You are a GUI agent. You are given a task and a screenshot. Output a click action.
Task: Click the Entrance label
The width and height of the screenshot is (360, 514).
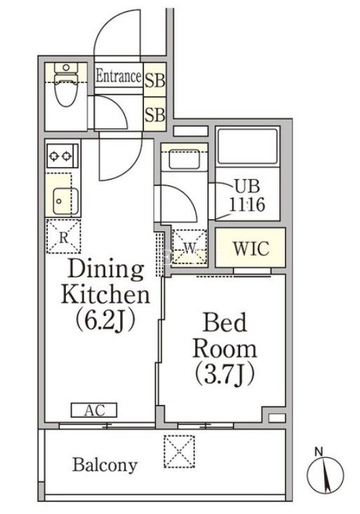click(119, 77)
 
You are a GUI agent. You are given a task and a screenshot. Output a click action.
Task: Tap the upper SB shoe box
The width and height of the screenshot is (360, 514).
click(155, 79)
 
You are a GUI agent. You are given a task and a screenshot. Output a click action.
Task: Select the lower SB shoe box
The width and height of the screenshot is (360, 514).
click(155, 114)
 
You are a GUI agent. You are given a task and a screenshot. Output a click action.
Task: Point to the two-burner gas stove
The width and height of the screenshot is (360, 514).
click(62, 156)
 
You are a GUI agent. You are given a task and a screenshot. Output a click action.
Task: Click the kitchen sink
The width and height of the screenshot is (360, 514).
click(65, 202)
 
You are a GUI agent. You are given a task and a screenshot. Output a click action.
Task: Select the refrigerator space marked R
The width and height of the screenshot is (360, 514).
click(63, 237)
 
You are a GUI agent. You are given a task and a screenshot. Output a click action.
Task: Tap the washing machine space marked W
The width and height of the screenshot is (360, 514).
click(189, 247)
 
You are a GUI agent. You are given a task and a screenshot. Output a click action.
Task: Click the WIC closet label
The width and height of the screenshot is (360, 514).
click(251, 248)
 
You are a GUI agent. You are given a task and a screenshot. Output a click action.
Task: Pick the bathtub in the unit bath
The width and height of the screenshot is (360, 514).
click(248, 147)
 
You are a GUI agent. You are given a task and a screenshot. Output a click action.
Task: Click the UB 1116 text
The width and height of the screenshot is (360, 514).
click(246, 196)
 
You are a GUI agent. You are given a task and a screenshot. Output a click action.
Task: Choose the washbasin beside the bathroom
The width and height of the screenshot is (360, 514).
click(184, 159)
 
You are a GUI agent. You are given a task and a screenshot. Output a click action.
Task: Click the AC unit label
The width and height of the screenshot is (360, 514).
click(94, 410)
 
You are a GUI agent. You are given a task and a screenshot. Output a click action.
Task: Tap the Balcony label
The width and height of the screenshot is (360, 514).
click(105, 465)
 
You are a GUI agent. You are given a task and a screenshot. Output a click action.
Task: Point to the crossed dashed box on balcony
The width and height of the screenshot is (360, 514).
click(179, 452)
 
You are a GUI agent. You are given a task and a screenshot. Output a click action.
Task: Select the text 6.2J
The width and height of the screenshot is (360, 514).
click(105, 319)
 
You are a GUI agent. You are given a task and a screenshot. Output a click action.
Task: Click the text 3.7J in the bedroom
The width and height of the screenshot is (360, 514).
click(225, 374)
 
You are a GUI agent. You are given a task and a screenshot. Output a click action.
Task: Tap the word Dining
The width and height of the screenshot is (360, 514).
click(106, 270)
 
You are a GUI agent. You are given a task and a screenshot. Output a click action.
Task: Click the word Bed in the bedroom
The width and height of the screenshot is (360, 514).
click(225, 322)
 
